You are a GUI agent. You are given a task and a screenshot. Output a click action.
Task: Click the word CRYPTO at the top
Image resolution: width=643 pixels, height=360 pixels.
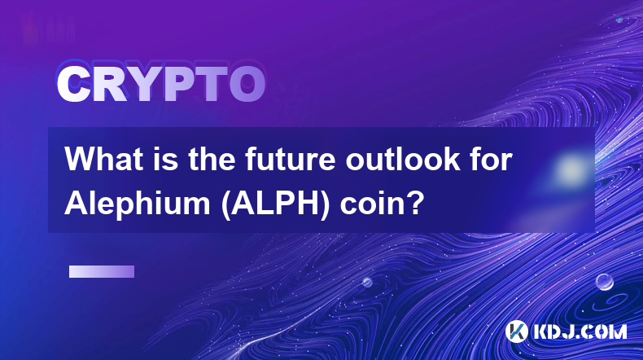161,84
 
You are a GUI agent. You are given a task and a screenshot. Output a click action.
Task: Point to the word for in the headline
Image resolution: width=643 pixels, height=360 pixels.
492,159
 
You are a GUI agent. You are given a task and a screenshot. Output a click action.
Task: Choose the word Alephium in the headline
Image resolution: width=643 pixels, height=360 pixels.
138,203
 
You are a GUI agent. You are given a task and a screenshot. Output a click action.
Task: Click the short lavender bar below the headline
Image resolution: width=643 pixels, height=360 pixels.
102,272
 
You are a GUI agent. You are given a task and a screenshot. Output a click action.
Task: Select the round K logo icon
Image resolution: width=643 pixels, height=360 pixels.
516,331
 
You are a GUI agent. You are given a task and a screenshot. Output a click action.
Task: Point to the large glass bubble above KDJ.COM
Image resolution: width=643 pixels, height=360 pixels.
604,282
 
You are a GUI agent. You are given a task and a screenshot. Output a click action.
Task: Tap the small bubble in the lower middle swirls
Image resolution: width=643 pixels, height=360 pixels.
367,282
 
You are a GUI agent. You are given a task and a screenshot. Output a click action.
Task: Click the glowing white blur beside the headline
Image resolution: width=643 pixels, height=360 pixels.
570,169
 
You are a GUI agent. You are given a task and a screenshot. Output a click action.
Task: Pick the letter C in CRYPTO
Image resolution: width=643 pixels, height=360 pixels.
73,85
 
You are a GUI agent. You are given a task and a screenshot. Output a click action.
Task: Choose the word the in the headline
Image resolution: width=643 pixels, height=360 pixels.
212,159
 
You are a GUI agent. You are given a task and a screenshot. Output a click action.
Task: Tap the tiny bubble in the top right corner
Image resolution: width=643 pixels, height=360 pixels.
619,19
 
